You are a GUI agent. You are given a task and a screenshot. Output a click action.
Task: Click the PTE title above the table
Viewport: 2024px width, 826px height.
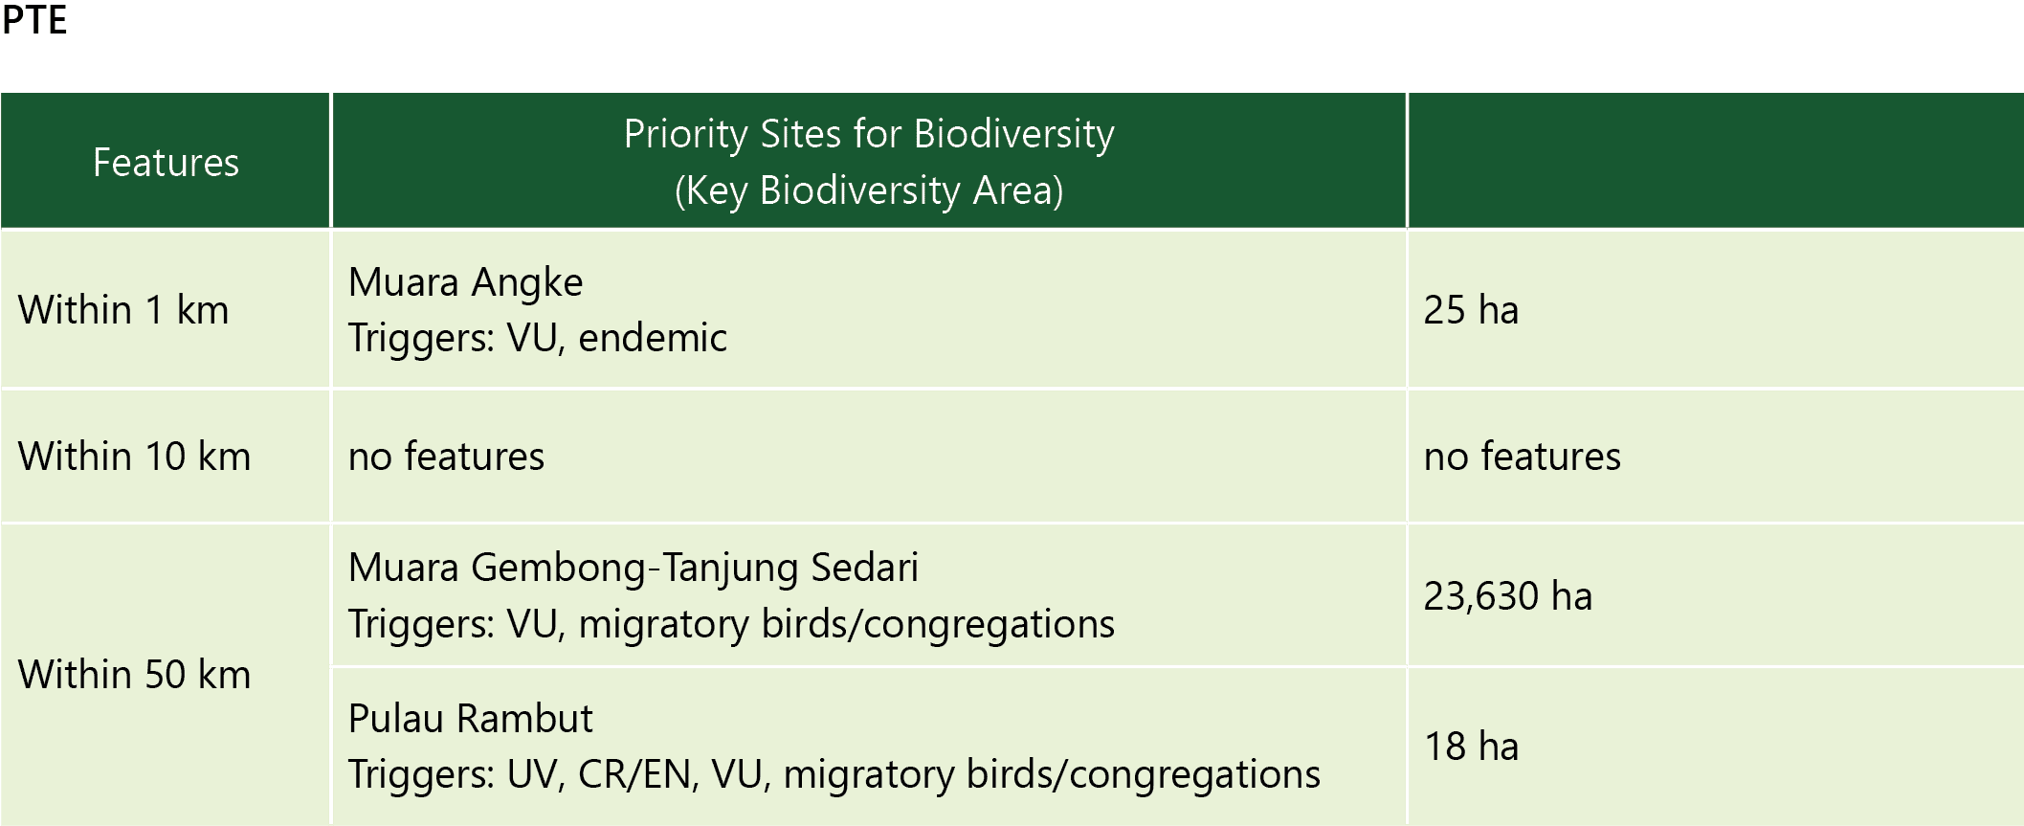[x=34, y=19]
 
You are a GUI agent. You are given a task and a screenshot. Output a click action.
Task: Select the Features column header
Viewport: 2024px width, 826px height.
[x=166, y=163]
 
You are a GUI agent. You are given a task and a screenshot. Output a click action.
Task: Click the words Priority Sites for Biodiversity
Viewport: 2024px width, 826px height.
[x=869, y=134]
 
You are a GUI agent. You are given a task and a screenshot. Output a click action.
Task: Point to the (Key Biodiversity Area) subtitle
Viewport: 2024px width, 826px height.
[x=869, y=190]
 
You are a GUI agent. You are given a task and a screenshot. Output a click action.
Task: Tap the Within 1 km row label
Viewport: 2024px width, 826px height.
[x=123, y=310]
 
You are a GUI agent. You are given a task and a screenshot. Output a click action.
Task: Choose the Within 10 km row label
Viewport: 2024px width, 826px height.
[x=135, y=457]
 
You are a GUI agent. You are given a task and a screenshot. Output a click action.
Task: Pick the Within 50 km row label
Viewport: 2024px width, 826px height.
[x=135, y=675]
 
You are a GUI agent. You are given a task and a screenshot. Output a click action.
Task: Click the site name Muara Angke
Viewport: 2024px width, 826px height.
[x=465, y=282]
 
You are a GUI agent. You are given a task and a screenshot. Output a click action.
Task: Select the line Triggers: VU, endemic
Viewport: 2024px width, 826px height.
[x=537, y=338]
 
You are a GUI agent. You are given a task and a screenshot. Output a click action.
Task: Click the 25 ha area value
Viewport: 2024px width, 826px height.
[x=1471, y=310]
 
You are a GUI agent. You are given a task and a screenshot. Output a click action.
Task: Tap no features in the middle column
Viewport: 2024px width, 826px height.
[x=446, y=457]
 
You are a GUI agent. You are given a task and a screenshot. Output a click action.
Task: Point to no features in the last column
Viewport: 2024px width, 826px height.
[x=1523, y=457]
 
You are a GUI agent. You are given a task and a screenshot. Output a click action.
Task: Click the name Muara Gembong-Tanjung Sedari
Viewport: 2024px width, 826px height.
[x=633, y=568]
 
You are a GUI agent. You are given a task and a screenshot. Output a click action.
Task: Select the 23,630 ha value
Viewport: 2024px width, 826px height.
[x=1508, y=596]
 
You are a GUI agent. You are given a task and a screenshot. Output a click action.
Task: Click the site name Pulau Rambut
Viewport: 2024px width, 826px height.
[x=470, y=719]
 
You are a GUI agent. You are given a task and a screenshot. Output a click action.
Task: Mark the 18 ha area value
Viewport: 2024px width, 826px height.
[x=1472, y=747]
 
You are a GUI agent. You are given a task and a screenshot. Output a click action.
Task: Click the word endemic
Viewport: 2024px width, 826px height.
[x=653, y=338]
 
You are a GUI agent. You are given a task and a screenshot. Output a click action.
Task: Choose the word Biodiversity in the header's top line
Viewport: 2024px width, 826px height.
[x=1013, y=134]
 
